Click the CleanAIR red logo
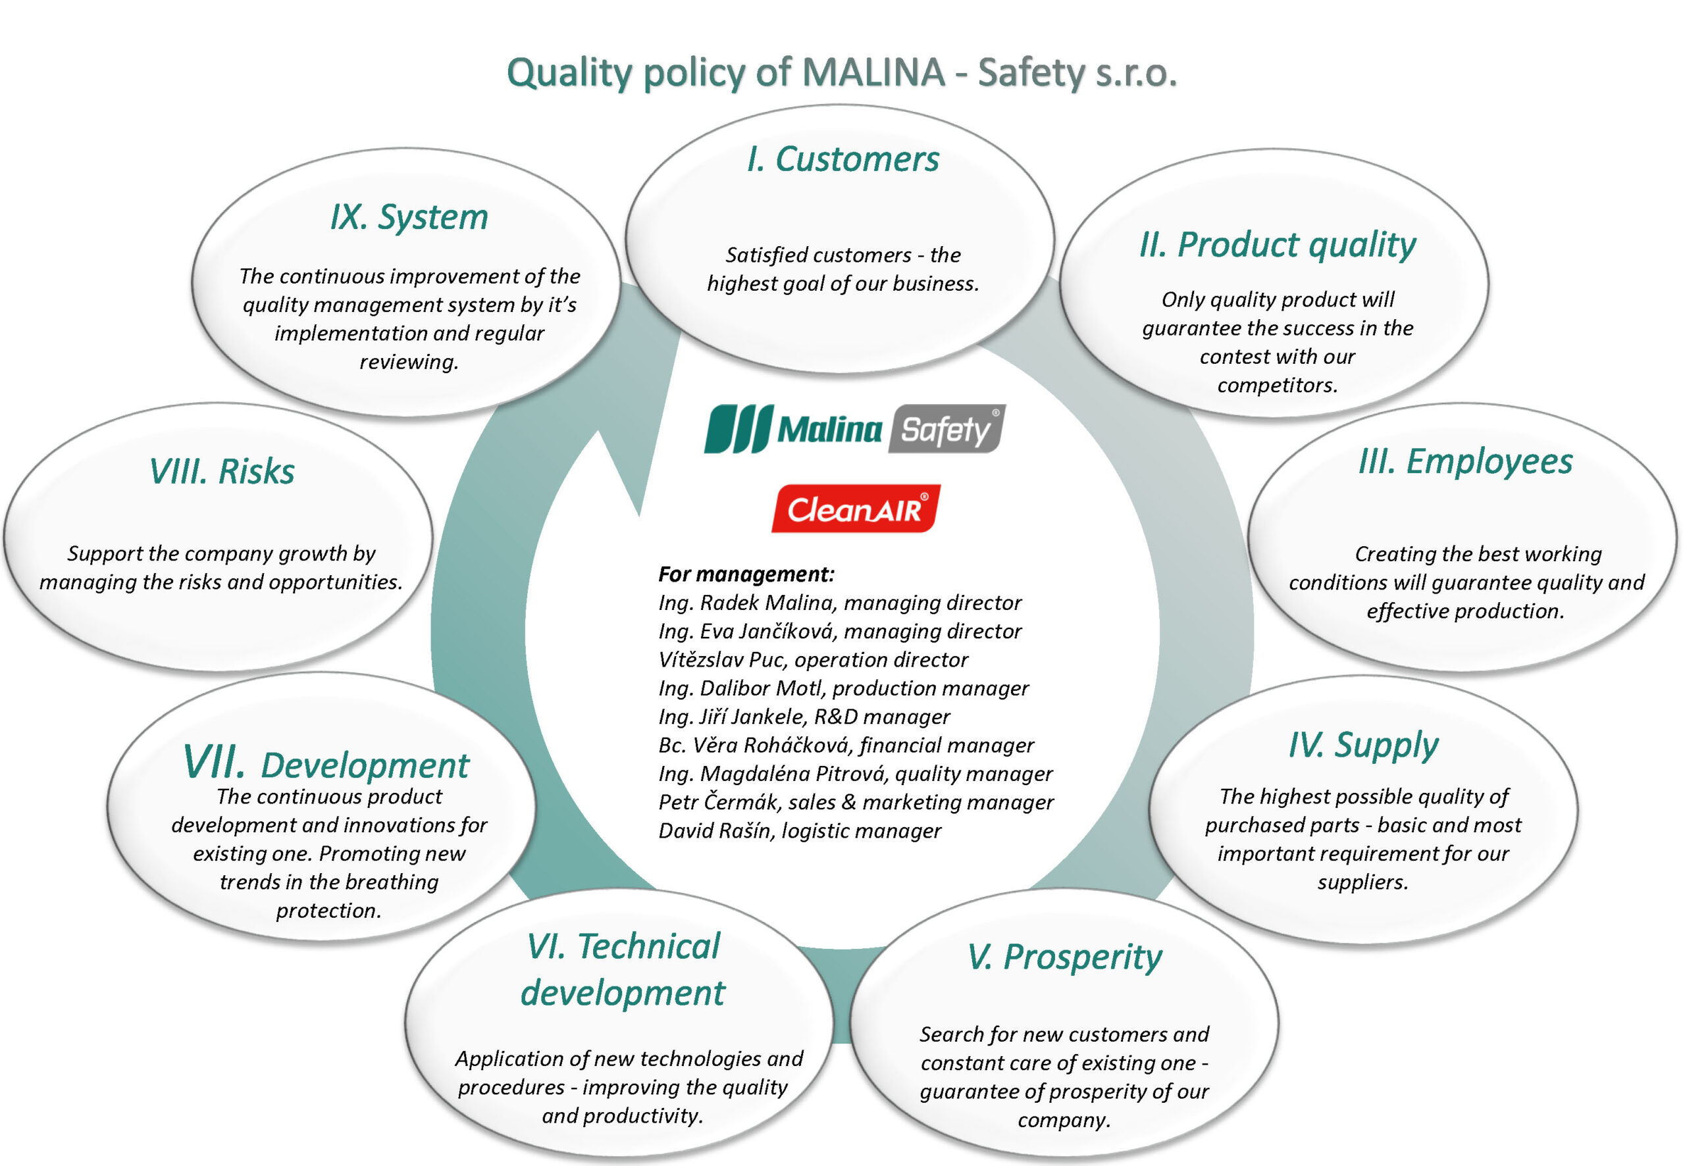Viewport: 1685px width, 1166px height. [x=856, y=509]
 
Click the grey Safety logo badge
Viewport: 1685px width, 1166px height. [x=947, y=429]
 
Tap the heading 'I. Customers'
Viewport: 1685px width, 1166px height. [x=842, y=159]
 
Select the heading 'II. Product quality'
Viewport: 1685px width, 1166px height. [x=1278, y=245]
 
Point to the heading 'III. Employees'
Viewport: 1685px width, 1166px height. [x=1465, y=462]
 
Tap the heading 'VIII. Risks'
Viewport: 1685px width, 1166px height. [x=222, y=471]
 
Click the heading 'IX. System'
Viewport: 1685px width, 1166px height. [x=409, y=217]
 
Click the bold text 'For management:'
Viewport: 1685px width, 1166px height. [x=746, y=574]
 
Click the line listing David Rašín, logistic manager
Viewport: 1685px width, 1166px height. [x=800, y=830]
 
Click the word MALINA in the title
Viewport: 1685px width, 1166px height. [x=873, y=73]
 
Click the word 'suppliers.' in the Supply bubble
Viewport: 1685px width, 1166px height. [x=1362, y=882]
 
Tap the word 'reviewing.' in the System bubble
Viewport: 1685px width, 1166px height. [x=409, y=362]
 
